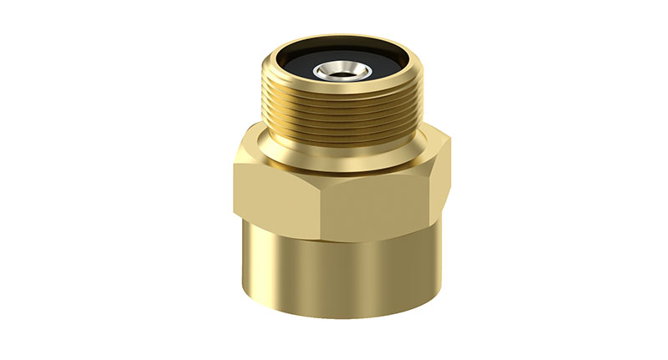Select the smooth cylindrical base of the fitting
pos(342,276)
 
